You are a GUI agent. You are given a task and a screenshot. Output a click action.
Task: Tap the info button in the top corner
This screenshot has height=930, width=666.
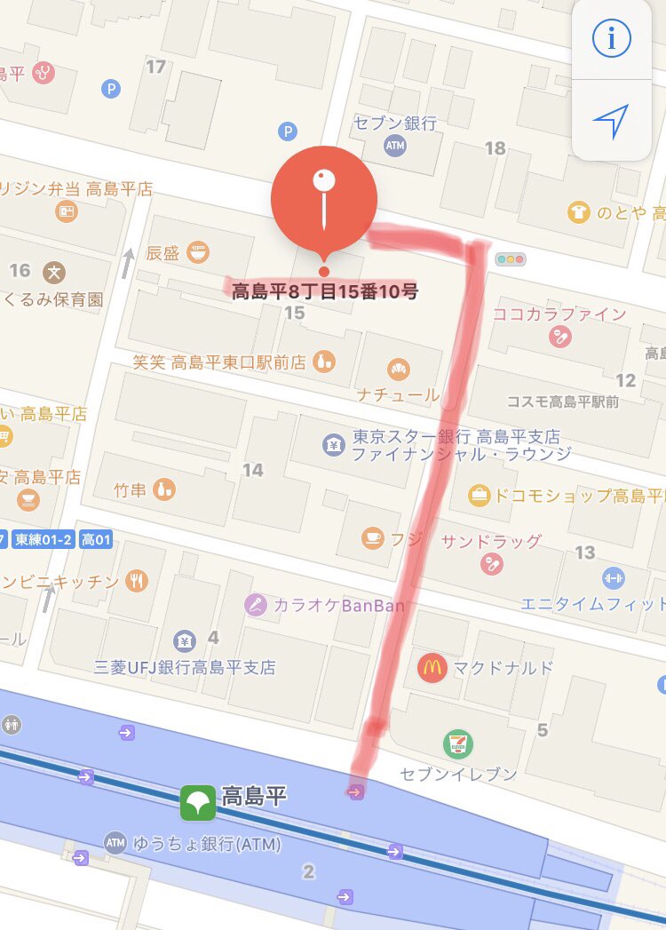pyautogui.click(x=611, y=38)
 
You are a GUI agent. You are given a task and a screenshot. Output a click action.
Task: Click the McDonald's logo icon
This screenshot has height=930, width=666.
pyautogui.click(x=432, y=668)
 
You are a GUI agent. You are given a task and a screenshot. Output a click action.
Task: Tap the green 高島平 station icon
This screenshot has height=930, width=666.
pyautogui.click(x=196, y=803)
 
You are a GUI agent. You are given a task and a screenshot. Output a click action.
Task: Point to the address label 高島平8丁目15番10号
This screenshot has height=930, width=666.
pyautogui.click(x=324, y=290)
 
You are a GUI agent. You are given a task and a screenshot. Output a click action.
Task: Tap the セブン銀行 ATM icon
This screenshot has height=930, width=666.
pyautogui.click(x=395, y=146)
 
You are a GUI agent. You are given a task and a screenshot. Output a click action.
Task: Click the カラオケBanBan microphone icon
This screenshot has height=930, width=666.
pyautogui.click(x=257, y=606)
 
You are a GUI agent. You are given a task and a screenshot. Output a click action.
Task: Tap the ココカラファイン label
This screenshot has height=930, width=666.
pyautogui.click(x=559, y=314)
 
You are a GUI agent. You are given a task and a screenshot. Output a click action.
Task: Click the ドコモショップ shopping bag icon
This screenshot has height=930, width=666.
pyautogui.click(x=480, y=495)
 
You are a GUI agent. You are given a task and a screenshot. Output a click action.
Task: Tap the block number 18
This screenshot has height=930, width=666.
pyautogui.click(x=496, y=148)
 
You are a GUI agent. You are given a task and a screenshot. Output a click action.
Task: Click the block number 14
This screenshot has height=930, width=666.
pyautogui.click(x=253, y=470)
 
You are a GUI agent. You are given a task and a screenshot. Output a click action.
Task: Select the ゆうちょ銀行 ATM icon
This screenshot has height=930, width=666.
pyautogui.click(x=115, y=841)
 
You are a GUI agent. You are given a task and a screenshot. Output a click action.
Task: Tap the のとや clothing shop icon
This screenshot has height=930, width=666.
pyautogui.click(x=579, y=212)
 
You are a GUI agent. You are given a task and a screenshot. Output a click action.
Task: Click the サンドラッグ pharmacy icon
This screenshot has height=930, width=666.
pyautogui.click(x=491, y=563)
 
